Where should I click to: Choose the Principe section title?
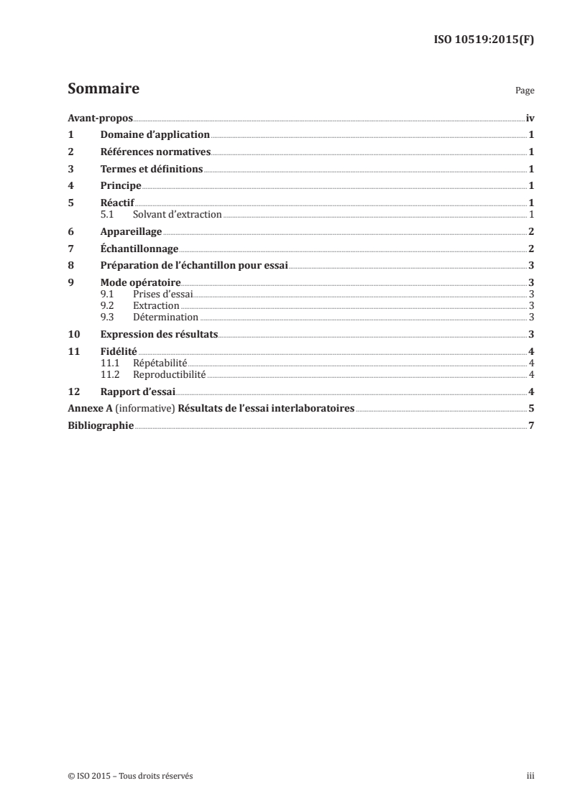(x=121, y=186)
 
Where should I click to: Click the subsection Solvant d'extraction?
(x=178, y=215)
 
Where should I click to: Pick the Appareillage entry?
(x=132, y=232)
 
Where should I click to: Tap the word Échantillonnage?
(x=139, y=249)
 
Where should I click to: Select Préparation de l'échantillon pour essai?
(x=194, y=266)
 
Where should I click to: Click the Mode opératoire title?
(x=141, y=283)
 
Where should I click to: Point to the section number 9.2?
(x=108, y=306)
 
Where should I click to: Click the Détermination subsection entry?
(x=165, y=317)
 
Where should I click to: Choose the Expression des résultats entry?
(x=160, y=334)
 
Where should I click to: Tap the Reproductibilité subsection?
(x=170, y=374)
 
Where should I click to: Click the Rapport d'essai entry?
(x=138, y=392)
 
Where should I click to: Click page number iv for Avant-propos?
(x=530, y=118)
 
